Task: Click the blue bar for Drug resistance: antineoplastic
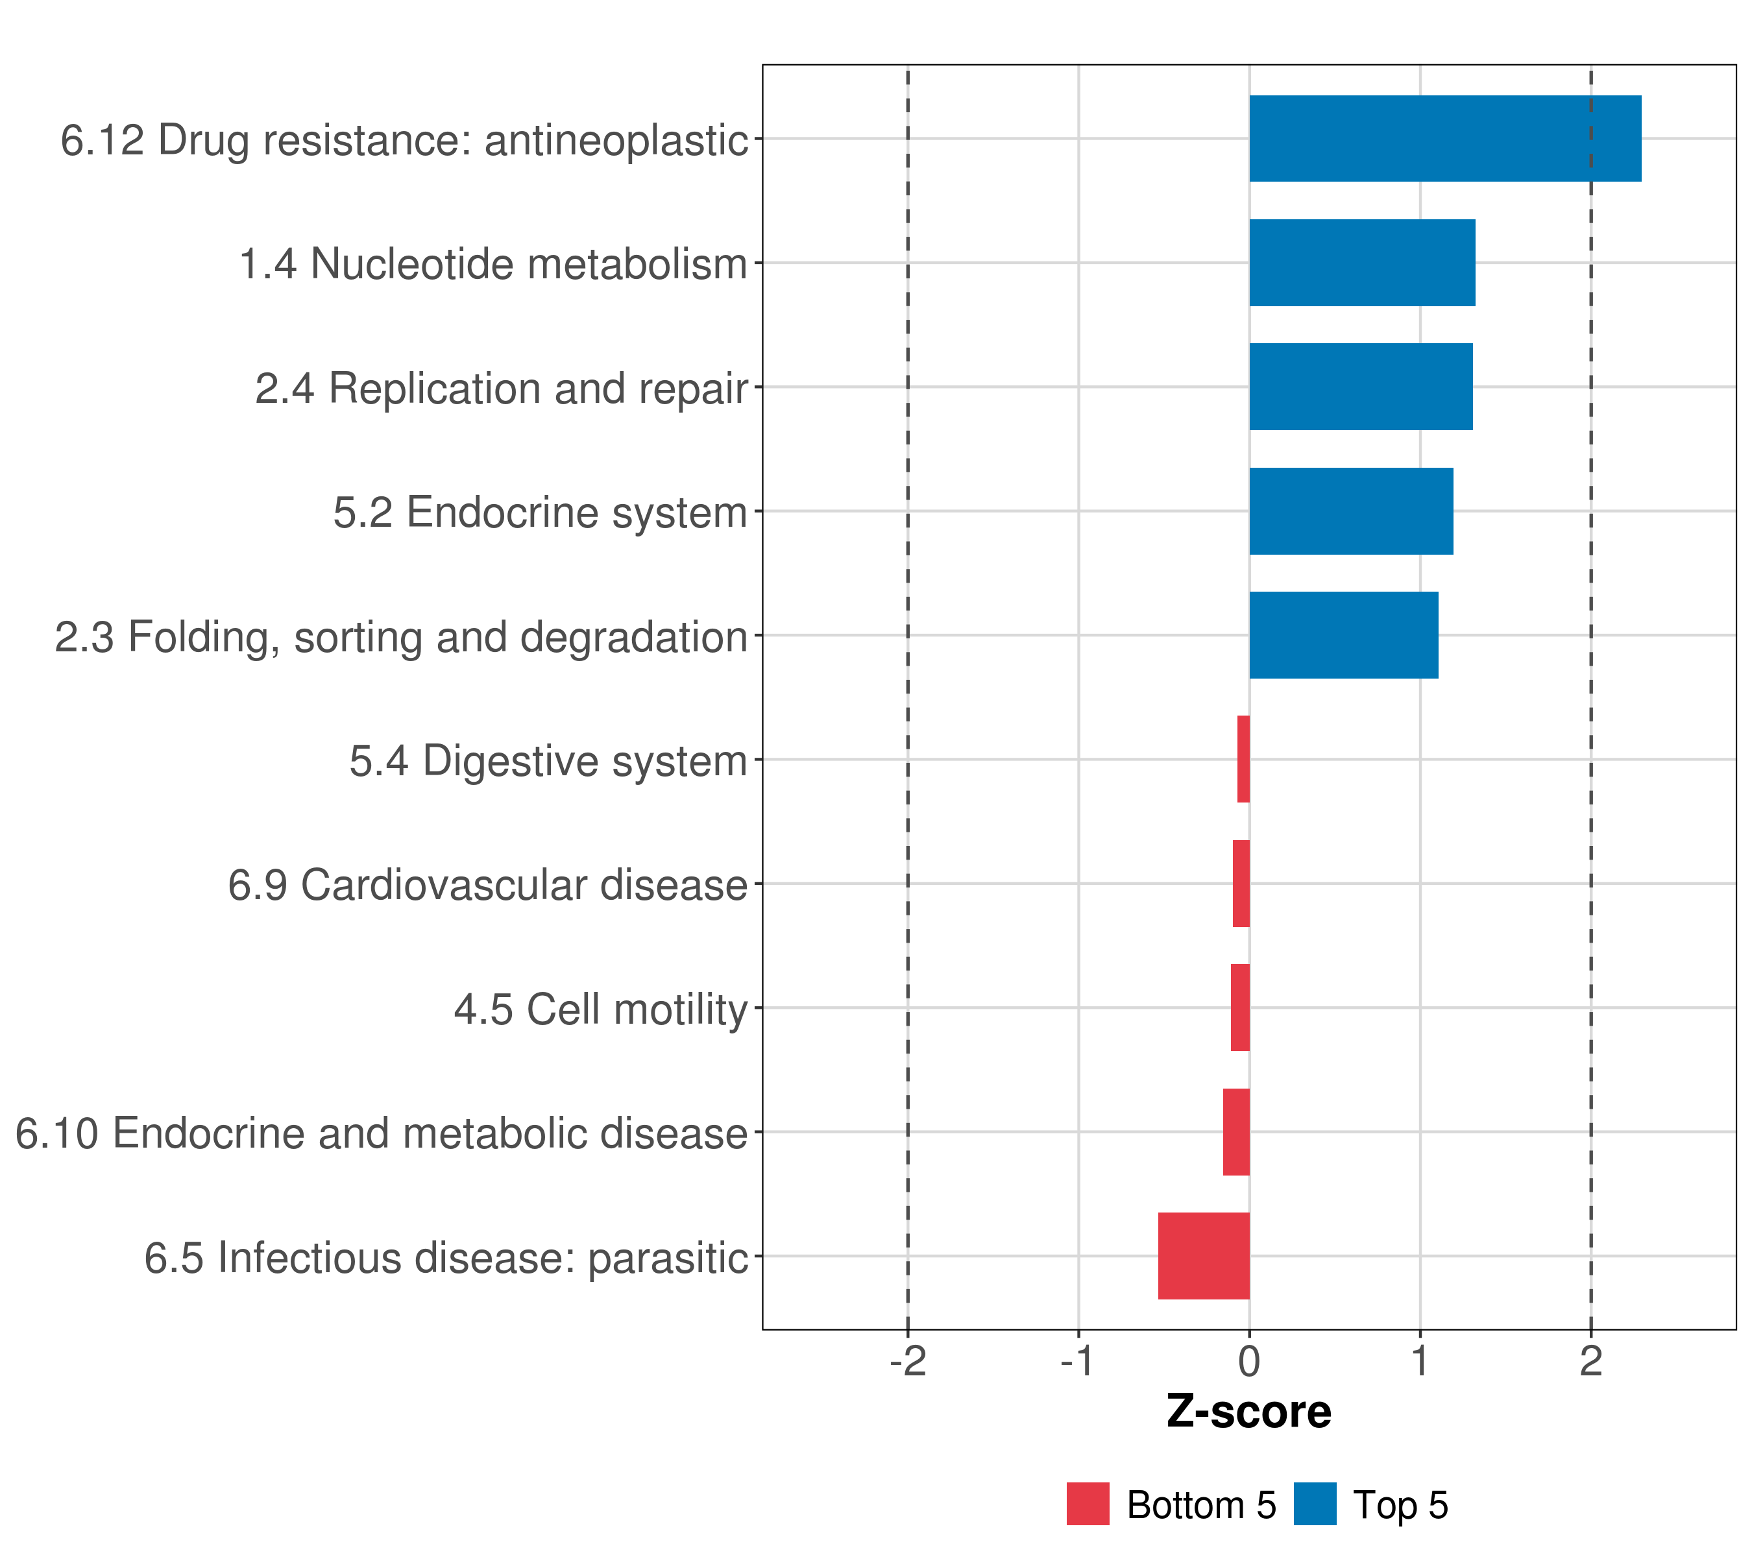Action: tap(1445, 138)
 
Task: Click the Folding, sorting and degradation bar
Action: tap(1343, 635)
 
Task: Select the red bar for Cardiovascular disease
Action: tap(1241, 884)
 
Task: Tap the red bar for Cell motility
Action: tap(1240, 1008)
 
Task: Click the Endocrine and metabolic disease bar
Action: tap(1236, 1132)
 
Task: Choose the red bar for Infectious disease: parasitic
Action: tap(1204, 1256)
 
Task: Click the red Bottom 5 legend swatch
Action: tap(1088, 1504)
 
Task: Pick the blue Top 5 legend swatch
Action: tap(1315, 1504)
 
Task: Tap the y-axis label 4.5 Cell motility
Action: tap(601, 1009)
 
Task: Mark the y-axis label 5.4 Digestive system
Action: tap(548, 761)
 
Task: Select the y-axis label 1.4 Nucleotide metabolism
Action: tap(493, 264)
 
